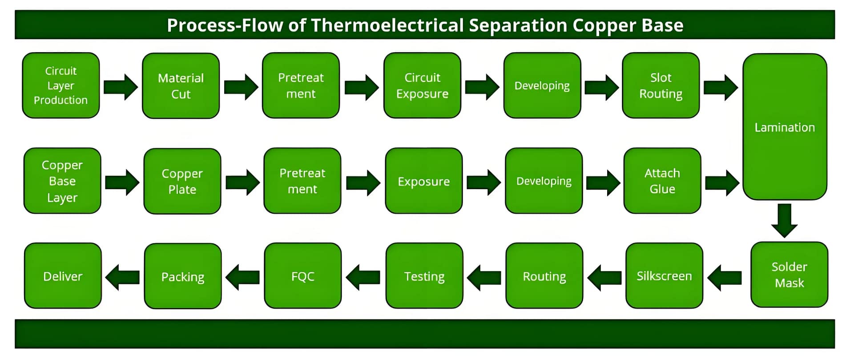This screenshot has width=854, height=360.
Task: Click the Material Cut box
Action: [x=181, y=86]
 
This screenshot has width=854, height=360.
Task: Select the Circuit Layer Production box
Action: [x=61, y=85]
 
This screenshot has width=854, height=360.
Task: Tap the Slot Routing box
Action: [x=661, y=85]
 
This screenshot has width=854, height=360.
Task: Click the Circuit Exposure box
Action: [x=422, y=85]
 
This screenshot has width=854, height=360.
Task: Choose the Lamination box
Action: [x=785, y=127]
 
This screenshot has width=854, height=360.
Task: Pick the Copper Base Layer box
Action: [x=62, y=181]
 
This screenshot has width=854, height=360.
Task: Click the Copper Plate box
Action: [x=182, y=181]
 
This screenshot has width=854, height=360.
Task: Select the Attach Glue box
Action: [x=662, y=181]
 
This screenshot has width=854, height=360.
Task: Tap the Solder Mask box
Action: [x=789, y=275]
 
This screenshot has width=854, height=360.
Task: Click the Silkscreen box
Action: [x=664, y=276]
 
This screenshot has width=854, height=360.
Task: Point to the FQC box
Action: [x=303, y=276]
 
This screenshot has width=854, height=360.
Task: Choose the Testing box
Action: [x=424, y=276]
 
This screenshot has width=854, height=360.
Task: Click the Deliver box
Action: [x=63, y=276]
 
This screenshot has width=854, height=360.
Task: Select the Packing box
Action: [x=183, y=276]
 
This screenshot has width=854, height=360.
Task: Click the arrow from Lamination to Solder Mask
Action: [x=784, y=220]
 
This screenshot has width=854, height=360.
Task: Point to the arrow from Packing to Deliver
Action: [x=122, y=277]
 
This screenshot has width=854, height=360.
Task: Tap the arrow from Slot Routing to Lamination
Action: [x=721, y=87]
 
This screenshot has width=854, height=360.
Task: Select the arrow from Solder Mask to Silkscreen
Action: [x=724, y=277]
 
